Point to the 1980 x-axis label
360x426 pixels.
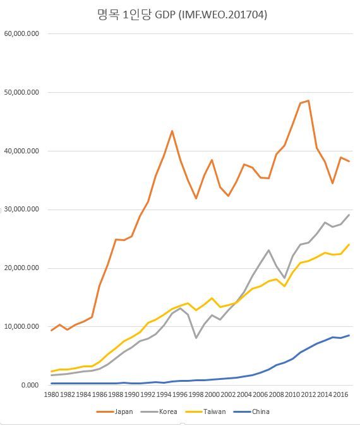pos(52,395)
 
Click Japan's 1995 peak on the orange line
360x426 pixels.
pos(172,131)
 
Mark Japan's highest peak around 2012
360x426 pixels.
pos(308,100)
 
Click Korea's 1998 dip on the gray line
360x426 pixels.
pos(196,338)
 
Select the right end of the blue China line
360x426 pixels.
pos(349,335)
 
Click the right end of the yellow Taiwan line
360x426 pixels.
pos(349,244)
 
